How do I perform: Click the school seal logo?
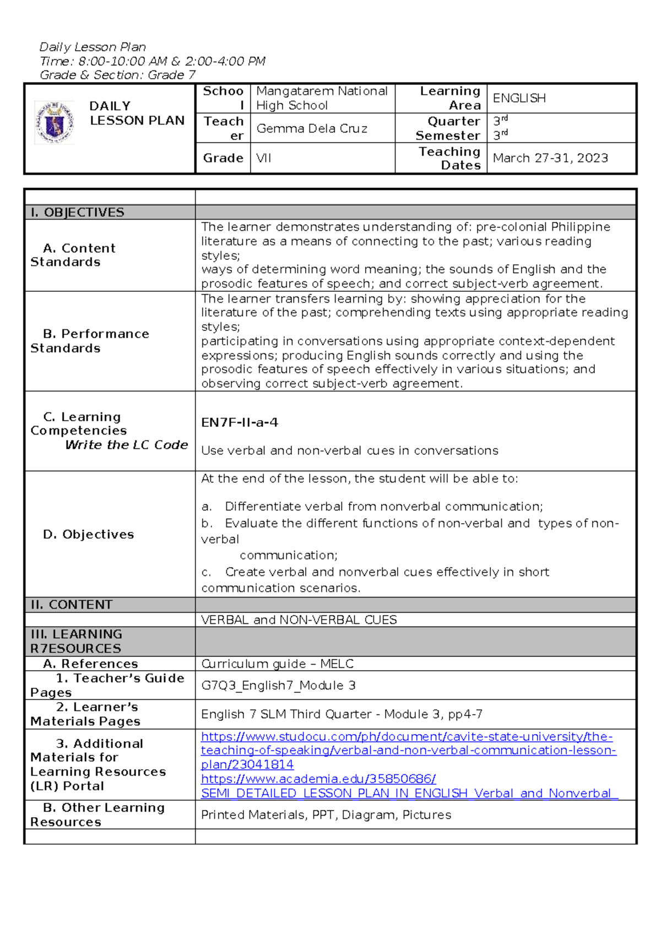54,122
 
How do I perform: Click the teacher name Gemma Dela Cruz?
312,128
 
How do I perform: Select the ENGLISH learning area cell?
519,98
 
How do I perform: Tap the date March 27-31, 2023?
550,158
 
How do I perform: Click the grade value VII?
264,158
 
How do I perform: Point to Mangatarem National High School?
322,98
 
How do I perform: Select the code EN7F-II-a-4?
240,422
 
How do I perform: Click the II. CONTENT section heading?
72,605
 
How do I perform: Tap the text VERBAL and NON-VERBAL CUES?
299,620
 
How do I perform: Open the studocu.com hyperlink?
408,750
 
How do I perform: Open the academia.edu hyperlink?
318,779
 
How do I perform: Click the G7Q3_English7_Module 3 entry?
278,685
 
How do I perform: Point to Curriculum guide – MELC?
277,664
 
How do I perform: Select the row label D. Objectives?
89,534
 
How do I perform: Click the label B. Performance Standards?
90,341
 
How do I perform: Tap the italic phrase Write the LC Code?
127,444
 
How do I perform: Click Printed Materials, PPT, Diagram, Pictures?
326,814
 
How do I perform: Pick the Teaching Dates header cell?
449,158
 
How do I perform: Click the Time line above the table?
153,61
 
